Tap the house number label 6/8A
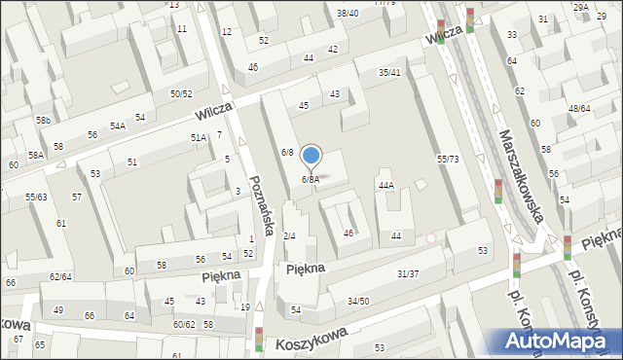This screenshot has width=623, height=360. coord(311,179)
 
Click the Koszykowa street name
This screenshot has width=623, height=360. coord(311,340)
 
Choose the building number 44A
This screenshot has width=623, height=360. coord(385,185)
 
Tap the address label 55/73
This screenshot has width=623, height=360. coord(448,159)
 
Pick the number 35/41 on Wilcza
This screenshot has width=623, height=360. coord(390,72)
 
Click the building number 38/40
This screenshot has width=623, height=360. coord(348,13)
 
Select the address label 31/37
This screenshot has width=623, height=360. coord(408,273)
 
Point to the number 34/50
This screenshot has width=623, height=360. coord(358,302)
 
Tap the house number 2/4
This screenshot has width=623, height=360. coord(289,236)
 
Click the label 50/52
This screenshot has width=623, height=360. coord(181,93)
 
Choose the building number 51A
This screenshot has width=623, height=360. coord(199,139)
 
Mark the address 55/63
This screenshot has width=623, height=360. coord(37,198)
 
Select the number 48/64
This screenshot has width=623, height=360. coord(579,108)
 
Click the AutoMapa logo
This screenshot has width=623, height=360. coord(559,341)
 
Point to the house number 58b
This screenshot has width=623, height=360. coord(44,120)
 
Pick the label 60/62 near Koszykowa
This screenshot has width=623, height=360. coord(184,324)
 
